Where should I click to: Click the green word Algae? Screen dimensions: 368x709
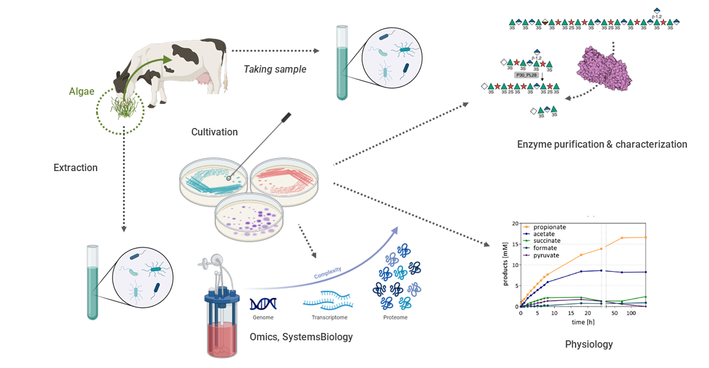82,92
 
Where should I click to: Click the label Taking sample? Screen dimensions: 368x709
275,69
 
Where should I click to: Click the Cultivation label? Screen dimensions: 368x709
214,132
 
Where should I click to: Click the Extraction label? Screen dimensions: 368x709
76,167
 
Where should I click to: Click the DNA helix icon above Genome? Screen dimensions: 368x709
263,303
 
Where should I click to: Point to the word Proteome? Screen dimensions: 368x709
395,318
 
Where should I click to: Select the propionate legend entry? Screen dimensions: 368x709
549,227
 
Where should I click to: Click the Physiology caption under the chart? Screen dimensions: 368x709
588,344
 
